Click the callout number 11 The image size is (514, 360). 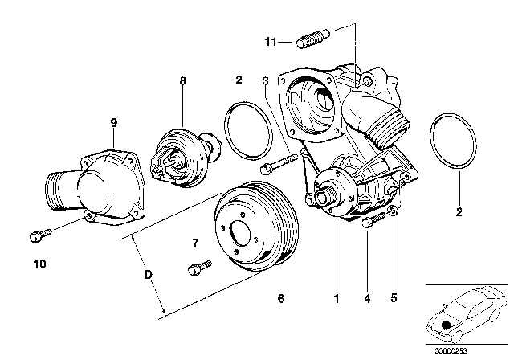pos(271,41)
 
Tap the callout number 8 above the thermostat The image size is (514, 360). pos(182,80)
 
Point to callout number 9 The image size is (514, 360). pos(113,122)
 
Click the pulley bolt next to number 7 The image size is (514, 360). pos(197,267)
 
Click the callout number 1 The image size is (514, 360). pos(337,299)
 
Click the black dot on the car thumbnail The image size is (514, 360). pos(447,325)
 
